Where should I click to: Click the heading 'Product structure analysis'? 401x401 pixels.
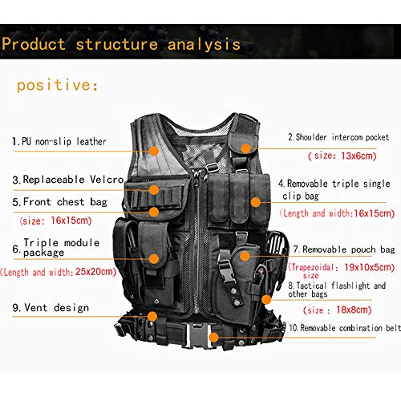coord(120,43)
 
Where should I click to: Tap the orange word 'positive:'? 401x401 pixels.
coord(57,84)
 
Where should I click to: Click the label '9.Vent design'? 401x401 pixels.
coord(50,308)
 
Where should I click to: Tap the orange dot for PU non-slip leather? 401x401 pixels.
coord(155,149)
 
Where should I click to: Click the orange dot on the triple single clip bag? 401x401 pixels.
coord(255,202)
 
